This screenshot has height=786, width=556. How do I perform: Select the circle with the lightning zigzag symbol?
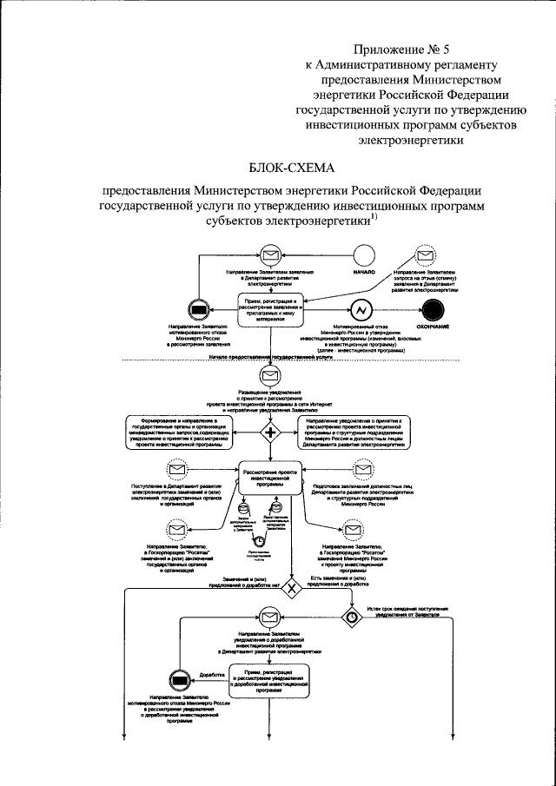coord(361,310)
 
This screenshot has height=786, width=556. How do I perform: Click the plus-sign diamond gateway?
coord(271,432)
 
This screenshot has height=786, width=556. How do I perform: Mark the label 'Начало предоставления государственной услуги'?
coord(271,357)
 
